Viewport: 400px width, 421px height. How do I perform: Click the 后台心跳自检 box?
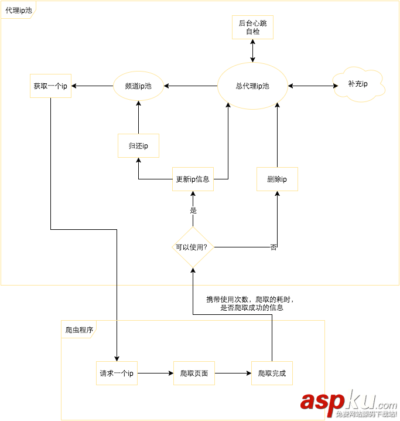point(252,28)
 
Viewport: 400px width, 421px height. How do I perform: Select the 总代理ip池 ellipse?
point(252,86)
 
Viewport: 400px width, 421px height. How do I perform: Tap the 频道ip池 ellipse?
point(138,86)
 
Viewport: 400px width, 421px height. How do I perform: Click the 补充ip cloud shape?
point(358,84)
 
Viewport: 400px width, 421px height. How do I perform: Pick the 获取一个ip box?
point(50,86)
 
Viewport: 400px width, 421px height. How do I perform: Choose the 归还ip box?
point(138,146)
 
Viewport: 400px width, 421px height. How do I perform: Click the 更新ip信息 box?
point(193,179)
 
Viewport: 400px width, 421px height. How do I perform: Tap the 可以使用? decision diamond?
point(192,247)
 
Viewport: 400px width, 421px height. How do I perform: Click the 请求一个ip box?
point(117,373)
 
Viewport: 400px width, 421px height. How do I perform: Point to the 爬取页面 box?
point(194,373)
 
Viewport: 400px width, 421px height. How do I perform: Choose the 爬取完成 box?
point(272,373)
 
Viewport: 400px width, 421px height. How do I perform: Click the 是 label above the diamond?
point(194,210)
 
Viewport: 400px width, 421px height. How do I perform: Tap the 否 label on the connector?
point(273,247)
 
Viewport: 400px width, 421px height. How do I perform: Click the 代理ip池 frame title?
point(19,11)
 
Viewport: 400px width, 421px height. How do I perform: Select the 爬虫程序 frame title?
point(78,330)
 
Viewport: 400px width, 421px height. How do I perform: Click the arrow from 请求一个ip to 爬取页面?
point(156,373)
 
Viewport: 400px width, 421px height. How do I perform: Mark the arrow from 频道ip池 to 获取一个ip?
point(92,86)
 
